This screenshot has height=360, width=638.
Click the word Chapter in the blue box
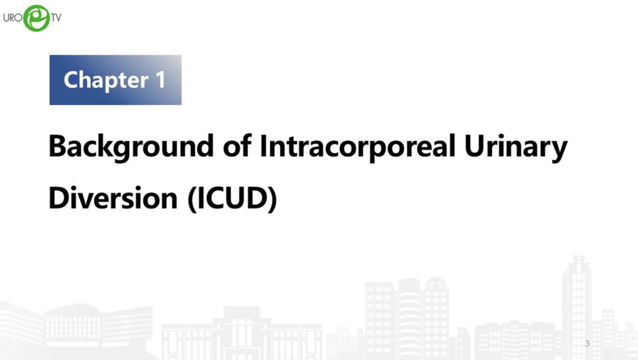(103, 79)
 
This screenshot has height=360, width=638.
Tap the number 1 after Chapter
(159, 79)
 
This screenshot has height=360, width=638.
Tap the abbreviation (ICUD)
(232, 198)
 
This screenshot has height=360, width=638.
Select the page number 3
(587, 344)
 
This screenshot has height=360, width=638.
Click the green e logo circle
(36, 18)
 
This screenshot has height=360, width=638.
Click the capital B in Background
(57, 147)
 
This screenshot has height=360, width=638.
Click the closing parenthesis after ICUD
(272, 198)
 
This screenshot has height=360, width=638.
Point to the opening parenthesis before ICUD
(191, 198)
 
